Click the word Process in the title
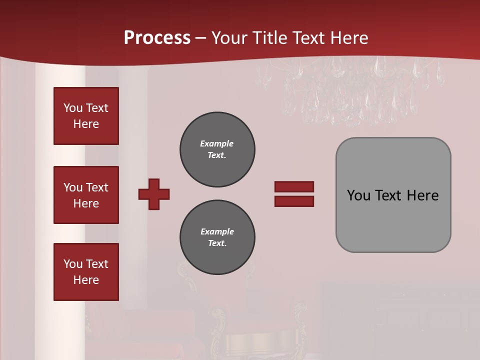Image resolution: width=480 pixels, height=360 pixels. [157, 38]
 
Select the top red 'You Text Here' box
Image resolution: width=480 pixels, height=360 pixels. [86, 116]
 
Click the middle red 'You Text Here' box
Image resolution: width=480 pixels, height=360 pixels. [86, 195]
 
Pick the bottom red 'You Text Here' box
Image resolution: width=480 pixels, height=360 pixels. [86, 272]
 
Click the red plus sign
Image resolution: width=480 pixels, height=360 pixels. [154, 194]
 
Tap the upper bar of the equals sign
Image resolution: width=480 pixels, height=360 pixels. [294, 186]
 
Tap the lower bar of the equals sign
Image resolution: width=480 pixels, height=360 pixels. [294, 201]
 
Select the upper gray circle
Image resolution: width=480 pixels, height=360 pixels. [217, 149]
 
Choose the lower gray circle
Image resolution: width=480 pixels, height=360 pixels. [217, 237]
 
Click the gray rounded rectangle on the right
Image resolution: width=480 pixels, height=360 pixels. [393, 195]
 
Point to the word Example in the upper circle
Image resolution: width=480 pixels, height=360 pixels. [216, 143]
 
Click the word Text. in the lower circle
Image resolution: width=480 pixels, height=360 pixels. [217, 243]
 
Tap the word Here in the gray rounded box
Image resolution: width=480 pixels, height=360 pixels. [422, 195]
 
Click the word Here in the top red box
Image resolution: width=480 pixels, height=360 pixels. [86, 124]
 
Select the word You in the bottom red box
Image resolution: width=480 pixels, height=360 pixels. [72, 264]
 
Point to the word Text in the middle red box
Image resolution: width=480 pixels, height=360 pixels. [97, 187]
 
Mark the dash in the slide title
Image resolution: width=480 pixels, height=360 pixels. [201, 38]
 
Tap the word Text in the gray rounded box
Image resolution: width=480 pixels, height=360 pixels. [389, 195]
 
